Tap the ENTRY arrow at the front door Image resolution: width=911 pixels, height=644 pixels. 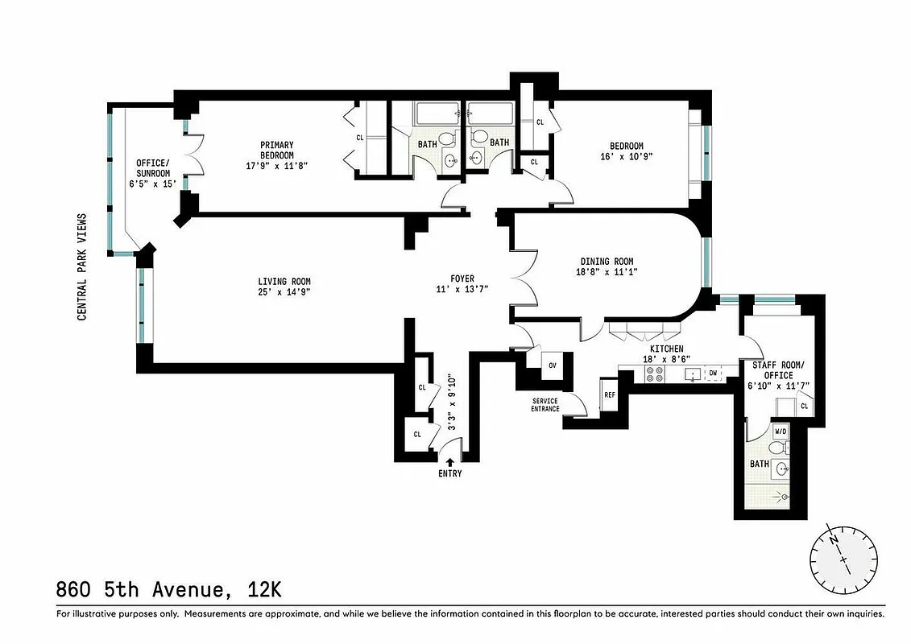449,461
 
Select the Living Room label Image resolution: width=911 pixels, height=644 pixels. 284,281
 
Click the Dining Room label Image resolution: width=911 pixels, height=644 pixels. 607,261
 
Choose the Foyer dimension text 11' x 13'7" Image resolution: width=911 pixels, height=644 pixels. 462,289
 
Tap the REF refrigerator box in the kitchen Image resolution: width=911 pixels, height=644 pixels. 609,395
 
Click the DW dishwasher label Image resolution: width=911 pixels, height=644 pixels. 713,374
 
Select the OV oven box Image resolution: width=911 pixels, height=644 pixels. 553,365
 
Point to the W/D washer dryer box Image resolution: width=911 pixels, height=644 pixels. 780,431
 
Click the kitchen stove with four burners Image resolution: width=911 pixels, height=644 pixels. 653,374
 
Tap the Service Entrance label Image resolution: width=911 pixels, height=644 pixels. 545,405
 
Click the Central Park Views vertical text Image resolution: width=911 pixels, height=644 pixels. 82,266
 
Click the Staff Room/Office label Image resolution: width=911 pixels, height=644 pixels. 773,370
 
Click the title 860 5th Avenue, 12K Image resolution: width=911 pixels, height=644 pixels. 169,590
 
